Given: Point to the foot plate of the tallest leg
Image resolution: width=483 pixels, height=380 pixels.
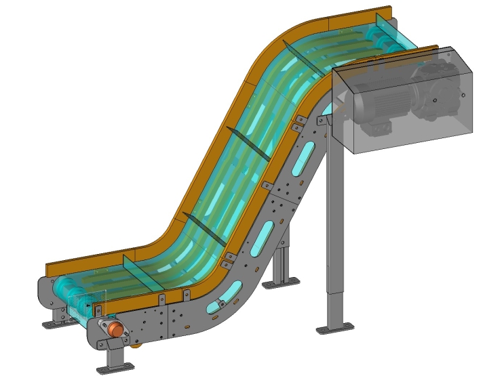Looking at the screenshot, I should tap(336, 329).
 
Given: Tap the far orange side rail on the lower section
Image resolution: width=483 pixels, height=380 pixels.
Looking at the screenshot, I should tap(88, 261).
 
